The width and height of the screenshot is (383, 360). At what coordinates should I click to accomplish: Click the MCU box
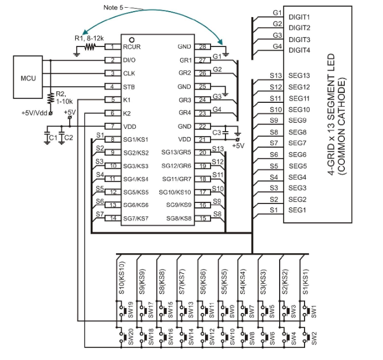pos(28,78)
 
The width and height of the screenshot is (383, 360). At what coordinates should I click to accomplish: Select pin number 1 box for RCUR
pos(113,47)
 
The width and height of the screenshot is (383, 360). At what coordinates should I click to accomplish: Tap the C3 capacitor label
pos(217,132)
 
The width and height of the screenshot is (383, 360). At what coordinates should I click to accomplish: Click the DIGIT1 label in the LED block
pos(299,17)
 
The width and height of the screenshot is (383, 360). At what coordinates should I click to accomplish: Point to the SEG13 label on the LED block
pos(300,76)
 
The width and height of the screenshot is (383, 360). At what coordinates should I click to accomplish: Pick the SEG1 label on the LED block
pos(298,210)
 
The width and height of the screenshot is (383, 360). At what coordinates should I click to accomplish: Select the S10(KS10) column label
pos(122,277)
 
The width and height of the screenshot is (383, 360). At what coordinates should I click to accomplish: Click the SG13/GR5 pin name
pos(176,152)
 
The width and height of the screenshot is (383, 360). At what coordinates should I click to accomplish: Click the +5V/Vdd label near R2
pos(34,113)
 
